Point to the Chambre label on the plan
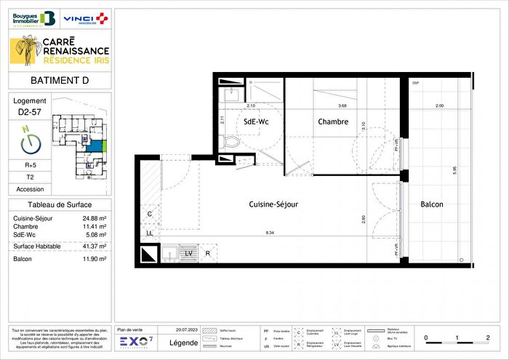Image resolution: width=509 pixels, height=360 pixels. pos(333,122)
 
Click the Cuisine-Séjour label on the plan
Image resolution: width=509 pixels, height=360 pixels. pos(273,204)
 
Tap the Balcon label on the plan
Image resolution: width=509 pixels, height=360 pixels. pos(432,204)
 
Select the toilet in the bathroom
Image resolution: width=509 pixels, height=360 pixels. pos(232,141)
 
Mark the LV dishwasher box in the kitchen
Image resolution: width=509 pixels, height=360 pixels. pos(188,252)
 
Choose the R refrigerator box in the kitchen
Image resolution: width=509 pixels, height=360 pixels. pos(208,253)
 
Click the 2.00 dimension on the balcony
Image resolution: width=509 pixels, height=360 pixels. pos(438,106)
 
